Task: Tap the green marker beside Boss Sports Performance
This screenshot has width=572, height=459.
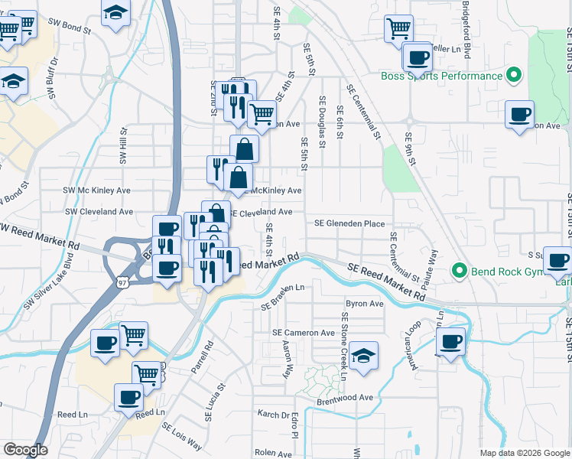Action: click(x=514, y=76)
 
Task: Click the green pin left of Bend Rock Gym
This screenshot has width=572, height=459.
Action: click(x=459, y=270)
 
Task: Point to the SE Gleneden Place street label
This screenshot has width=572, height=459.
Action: click(x=349, y=223)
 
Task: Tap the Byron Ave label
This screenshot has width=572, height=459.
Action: click(x=364, y=304)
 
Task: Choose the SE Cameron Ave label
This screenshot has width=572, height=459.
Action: click(x=304, y=333)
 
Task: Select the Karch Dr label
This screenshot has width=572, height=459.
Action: click(x=272, y=414)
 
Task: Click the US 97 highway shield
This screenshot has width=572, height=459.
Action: click(x=122, y=282)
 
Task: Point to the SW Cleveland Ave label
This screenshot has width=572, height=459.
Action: click(x=99, y=211)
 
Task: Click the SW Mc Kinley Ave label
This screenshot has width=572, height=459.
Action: click(x=97, y=190)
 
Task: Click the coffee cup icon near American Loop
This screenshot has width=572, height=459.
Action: click(x=451, y=340)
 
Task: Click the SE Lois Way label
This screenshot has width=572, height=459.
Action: click(x=181, y=435)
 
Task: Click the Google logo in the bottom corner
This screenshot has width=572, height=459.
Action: click(x=25, y=450)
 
